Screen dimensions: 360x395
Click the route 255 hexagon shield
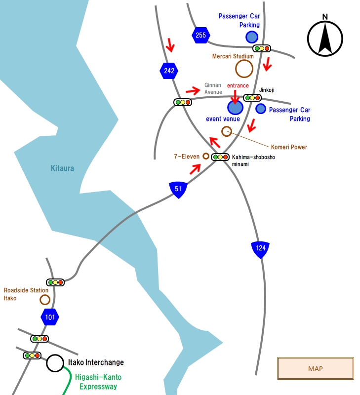point(201,35)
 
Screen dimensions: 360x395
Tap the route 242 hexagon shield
point(169,71)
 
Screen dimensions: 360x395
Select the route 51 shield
point(178,190)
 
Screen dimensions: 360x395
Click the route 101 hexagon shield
point(50,317)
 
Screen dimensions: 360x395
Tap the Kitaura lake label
point(62,168)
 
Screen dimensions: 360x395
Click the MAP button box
point(316,368)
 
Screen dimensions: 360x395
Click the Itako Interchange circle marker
point(55,363)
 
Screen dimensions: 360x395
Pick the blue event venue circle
point(235,108)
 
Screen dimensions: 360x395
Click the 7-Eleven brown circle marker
point(206,156)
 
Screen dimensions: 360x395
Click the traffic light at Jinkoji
point(252,98)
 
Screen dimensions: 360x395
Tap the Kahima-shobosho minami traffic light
point(220,157)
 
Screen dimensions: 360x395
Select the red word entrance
point(238,85)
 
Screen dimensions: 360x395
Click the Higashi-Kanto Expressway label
point(98,382)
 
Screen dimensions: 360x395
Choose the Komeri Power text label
point(289,147)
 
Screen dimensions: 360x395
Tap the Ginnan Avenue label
point(213,89)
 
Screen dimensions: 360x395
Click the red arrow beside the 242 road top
point(170,45)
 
